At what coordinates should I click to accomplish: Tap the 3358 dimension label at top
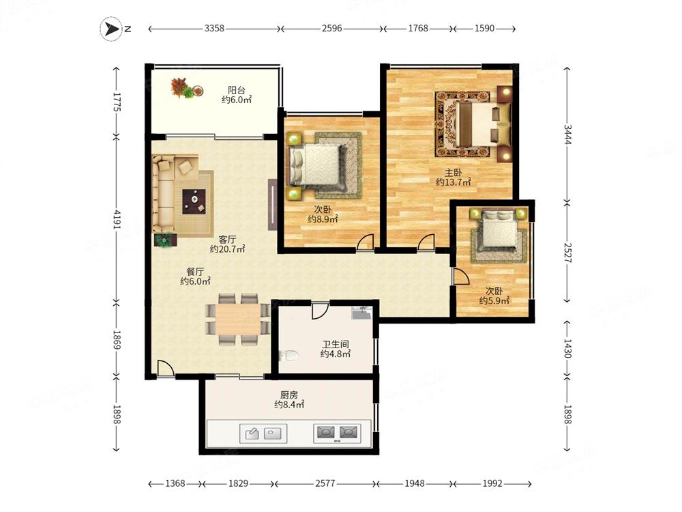[214, 28]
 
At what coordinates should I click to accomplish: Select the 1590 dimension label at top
[484, 28]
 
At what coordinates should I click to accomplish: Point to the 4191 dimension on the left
[117, 219]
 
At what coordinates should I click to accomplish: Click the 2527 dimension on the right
[568, 253]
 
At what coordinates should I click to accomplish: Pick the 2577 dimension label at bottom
[325, 483]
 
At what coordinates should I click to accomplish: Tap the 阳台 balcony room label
[237, 90]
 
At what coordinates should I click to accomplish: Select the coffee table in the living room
[194, 201]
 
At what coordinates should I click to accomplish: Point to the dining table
[238, 319]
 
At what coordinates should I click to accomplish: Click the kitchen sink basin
[263, 433]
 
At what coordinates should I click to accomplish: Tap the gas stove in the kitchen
[337, 433]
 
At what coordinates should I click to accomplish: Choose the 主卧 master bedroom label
[453, 173]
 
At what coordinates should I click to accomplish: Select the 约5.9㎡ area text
[494, 301]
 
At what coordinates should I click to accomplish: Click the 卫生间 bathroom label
[336, 344]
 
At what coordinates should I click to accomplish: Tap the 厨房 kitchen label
[288, 395]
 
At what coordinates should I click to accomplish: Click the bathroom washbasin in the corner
[362, 313]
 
